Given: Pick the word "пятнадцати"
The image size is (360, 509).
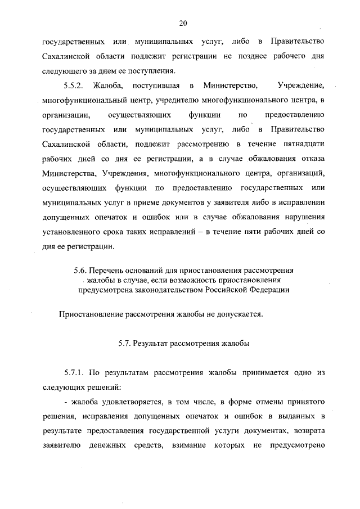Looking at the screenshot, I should (x=304, y=145).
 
